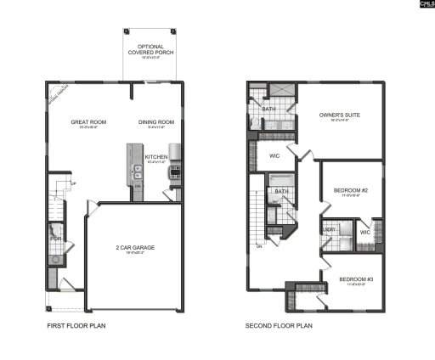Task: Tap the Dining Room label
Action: [x=156, y=122]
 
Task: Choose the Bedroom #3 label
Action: [x=355, y=279]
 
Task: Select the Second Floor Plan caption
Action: [x=280, y=325]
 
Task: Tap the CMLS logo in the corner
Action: [x=421, y=6]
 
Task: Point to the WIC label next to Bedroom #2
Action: [x=364, y=232]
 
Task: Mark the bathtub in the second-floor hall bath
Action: [x=282, y=179]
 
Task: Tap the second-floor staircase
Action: [x=256, y=217]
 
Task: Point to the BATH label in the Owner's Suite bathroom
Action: [x=268, y=110]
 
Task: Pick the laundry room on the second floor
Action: [x=330, y=231]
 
